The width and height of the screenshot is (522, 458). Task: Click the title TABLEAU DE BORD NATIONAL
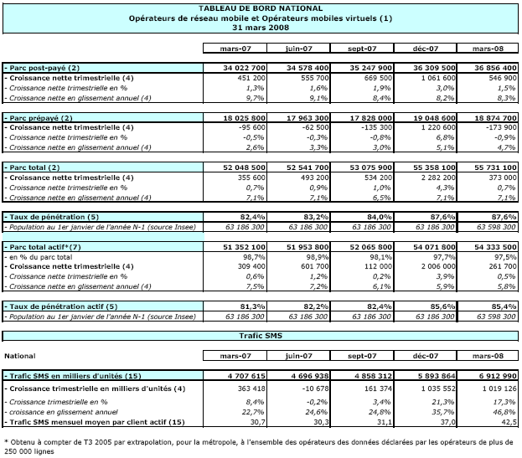point(261,8)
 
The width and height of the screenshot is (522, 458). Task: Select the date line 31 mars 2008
point(261,26)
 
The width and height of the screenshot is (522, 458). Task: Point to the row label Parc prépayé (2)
point(41,118)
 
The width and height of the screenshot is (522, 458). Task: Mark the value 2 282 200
point(424,179)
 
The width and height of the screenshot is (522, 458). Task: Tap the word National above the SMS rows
point(20,355)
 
